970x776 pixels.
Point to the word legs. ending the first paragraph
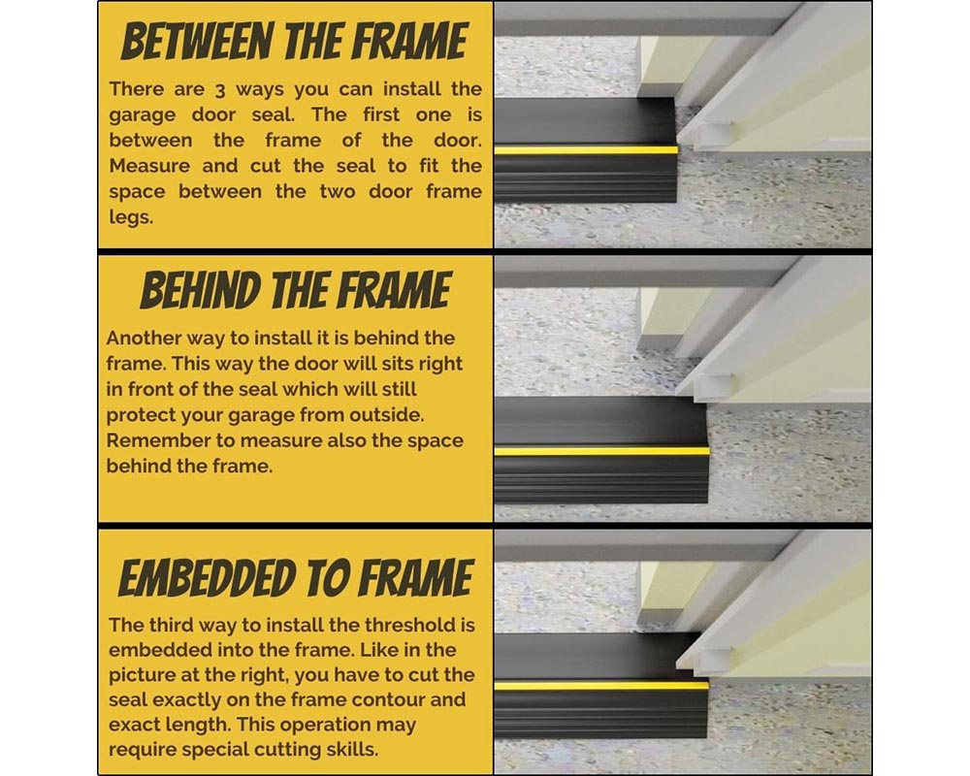point(131,217)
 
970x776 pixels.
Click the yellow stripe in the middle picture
point(601,451)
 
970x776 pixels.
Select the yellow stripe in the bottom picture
point(601,686)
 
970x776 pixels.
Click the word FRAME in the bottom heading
point(412,578)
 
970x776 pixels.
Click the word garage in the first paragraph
point(145,114)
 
